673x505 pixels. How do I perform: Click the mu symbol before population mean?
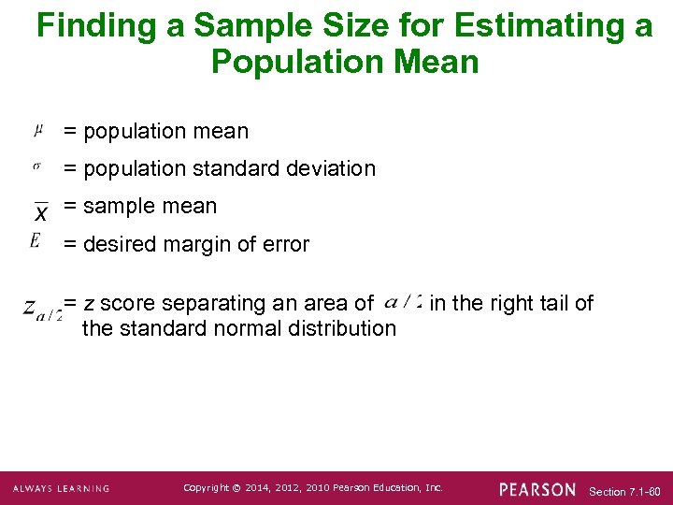point(37,128)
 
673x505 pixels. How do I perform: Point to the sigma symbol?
point(36,166)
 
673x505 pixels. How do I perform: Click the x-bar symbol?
point(40,211)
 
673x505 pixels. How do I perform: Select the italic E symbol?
point(35,241)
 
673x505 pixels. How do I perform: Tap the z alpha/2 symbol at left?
point(43,310)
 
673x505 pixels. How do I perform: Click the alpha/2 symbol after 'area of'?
point(402,302)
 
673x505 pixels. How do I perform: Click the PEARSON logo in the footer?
point(537,489)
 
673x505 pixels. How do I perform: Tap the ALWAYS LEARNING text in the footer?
point(62,489)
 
